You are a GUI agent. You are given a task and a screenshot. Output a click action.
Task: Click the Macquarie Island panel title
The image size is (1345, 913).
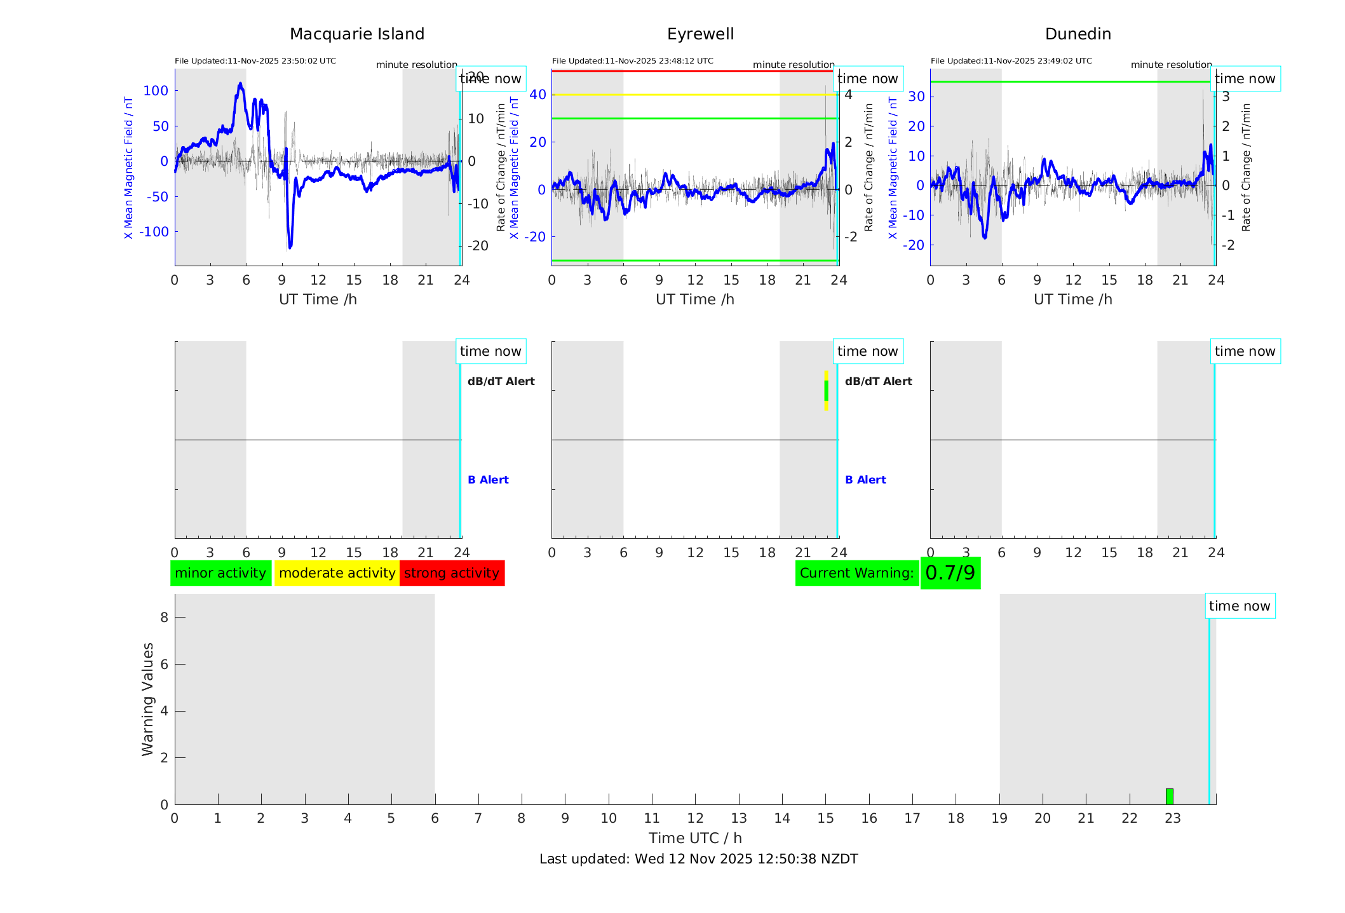(x=356, y=34)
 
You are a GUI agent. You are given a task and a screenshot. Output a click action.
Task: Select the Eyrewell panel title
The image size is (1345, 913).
(x=700, y=34)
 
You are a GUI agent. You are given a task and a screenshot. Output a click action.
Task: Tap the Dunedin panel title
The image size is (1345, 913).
(x=1078, y=34)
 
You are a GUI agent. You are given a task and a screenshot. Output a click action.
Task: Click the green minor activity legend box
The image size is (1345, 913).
(x=220, y=573)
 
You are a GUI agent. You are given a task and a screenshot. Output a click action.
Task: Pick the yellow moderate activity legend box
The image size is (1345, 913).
(x=337, y=573)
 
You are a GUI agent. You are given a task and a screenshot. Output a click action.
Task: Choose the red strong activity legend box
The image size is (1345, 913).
(x=452, y=573)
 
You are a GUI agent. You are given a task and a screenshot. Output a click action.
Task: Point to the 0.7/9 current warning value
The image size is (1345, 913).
(x=950, y=573)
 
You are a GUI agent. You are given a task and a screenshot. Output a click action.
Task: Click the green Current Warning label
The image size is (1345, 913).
(x=856, y=573)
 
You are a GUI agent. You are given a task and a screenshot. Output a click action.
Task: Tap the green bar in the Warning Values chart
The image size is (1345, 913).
(x=1169, y=796)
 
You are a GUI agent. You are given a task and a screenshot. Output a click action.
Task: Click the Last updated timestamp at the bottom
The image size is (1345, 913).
(x=698, y=859)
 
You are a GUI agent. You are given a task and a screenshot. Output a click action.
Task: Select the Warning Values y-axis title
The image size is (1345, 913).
(x=147, y=699)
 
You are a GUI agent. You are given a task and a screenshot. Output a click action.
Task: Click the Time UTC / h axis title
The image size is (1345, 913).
(x=695, y=838)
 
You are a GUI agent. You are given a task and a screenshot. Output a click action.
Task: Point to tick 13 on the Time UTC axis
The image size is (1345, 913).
(x=739, y=818)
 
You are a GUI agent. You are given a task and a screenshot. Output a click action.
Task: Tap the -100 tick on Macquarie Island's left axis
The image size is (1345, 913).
(x=154, y=232)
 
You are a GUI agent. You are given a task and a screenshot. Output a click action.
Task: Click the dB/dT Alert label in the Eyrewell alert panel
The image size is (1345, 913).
(x=878, y=381)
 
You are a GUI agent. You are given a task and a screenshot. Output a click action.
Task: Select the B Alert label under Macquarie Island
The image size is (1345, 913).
(x=488, y=480)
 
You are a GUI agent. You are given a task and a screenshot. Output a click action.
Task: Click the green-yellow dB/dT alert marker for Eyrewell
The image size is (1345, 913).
(x=826, y=391)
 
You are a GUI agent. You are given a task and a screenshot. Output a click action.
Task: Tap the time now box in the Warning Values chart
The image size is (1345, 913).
(x=1240, y=606)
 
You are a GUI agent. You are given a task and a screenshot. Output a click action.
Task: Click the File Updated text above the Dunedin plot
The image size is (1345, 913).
(x=1011, y=61)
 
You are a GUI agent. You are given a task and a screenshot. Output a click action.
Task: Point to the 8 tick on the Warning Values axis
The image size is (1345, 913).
(x=164, y=617)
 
